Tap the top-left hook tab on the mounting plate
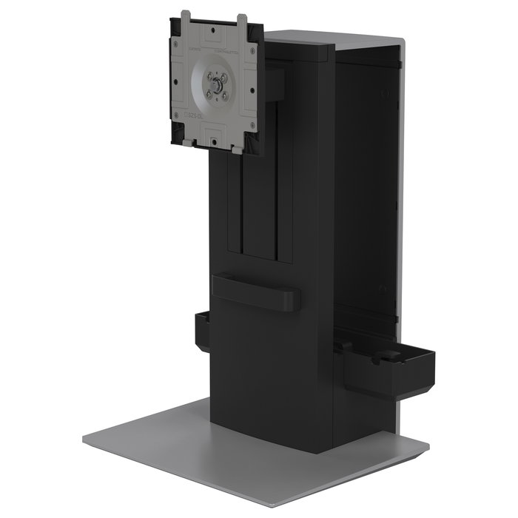[185, 17]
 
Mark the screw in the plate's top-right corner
[251, 46]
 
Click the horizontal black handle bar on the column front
[255, 292]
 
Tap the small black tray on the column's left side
[201, 332]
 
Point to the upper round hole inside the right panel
[385, 93]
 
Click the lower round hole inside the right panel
[382, 289]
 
